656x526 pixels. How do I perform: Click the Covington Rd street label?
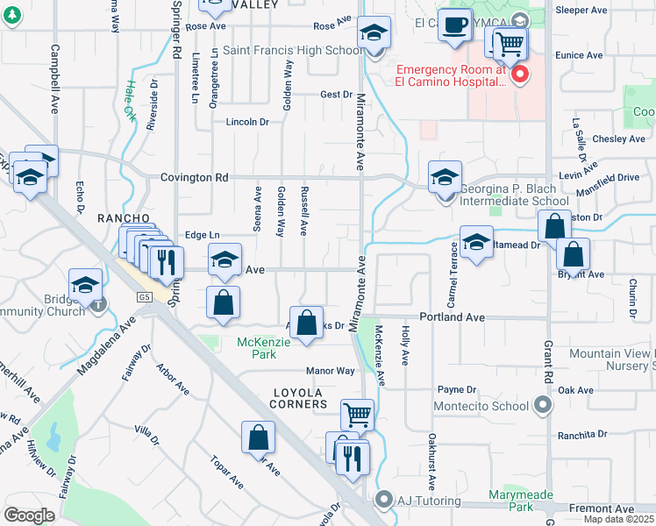tap(194, 177)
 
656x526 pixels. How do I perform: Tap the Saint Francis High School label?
tap(292, 50)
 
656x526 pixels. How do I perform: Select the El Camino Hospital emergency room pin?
tap(520, 74)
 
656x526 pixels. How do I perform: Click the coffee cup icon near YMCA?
tap(454, 26)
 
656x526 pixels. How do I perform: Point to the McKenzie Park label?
tap(257, 348)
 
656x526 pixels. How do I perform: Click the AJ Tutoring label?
tap(427, 501)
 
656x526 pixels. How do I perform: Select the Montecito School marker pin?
tap(544, 405)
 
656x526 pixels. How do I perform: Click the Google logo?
tap(29, 515)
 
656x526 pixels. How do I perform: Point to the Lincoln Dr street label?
tap(247, 122)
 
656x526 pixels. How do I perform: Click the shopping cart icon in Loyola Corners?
tap(357, 414)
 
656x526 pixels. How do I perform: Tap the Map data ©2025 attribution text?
tap(619, 519)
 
